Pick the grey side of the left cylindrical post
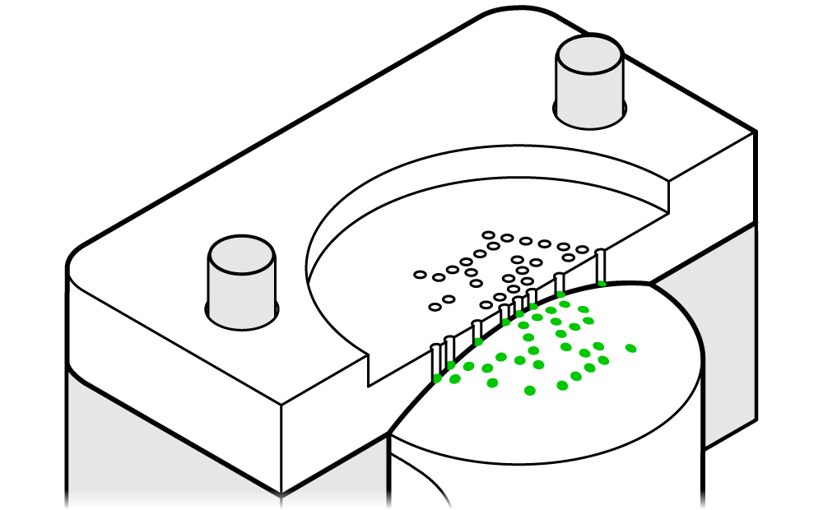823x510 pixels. coord(239,296)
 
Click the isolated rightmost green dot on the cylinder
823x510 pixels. coord(631,348)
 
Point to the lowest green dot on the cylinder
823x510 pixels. coord(530,390)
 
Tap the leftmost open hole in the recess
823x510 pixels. coord(420,274)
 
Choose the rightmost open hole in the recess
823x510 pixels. coord(583,249)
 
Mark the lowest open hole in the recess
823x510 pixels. coord(435,308)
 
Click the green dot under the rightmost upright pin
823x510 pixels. coord(602,284)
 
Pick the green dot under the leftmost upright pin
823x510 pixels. coord(437,378)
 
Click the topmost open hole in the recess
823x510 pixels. coord(488,234)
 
